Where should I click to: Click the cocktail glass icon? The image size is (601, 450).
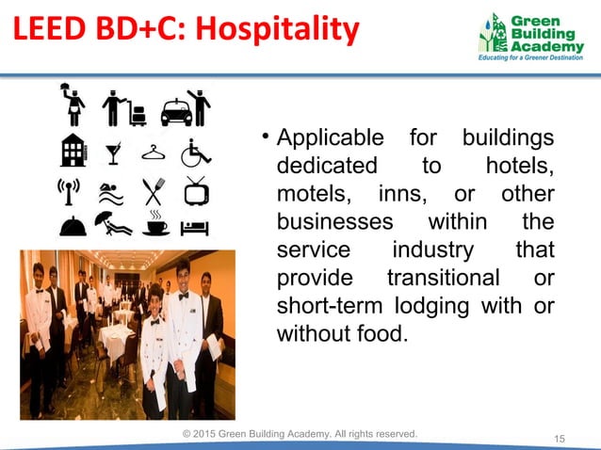coord(114,152)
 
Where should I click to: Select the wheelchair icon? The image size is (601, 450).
coord(195,151)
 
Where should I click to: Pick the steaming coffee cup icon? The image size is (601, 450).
coord(155,224)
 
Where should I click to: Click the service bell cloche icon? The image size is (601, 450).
coord(73,226)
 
